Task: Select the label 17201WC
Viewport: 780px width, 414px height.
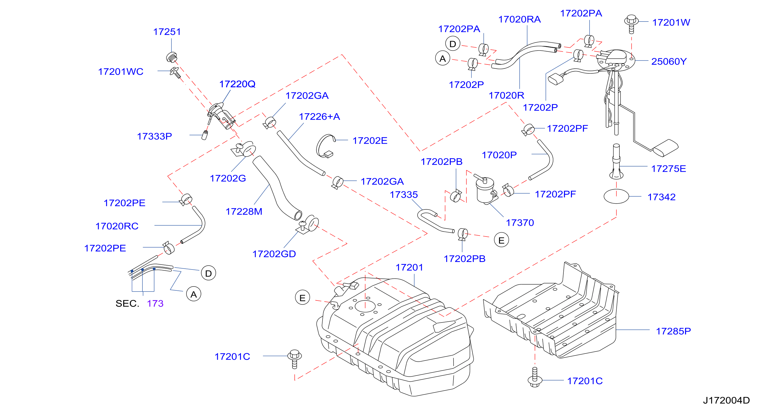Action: pyautogui.click(x=120, y=72)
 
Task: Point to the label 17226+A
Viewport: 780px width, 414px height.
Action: pyautogui.click(x=319, y=117)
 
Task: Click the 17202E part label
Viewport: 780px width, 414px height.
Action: pyautogui.click(x=370, y=141)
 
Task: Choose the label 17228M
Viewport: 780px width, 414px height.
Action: pyautogui.click(x=244, y=211)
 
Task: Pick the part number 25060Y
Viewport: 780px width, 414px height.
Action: pyautogui.click(x=669, y=62)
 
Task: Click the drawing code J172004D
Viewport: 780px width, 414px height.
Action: pyautogui.click(x=726, y=401)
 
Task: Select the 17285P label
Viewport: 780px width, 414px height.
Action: pyautogui.click(x=673, y=331)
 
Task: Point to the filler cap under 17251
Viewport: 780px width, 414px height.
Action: pyautogui.click(x=172, y=57)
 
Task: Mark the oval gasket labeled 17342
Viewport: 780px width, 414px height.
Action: pyautogui.click(x=616, y=196)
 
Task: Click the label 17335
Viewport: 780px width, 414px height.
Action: pyautogui.click(x=404, y=195)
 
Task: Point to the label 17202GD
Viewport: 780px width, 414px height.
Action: pyautogui.click(x=274, y=254)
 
